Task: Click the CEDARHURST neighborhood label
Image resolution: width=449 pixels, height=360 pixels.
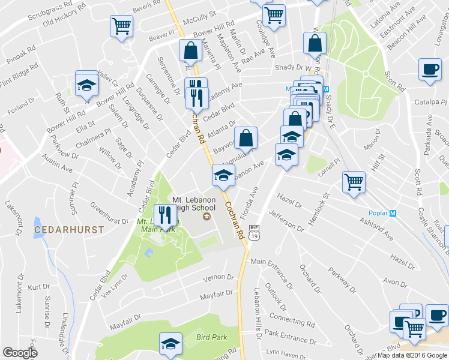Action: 69,229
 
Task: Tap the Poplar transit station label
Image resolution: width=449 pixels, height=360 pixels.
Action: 378,213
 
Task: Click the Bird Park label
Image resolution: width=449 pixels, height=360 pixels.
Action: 211,337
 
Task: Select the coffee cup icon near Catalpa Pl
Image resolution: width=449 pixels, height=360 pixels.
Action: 429,70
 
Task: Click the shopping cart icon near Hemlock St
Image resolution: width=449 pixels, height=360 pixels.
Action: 354,182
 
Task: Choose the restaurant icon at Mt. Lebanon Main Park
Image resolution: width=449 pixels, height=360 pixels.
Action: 164,215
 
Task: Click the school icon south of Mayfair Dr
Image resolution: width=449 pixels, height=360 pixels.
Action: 171,343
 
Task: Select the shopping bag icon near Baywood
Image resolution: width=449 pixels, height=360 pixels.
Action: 246,138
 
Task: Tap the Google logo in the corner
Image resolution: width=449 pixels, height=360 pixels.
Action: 20,353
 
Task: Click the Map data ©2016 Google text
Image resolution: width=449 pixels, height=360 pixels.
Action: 412,355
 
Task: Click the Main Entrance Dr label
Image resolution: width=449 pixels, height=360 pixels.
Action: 276,262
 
